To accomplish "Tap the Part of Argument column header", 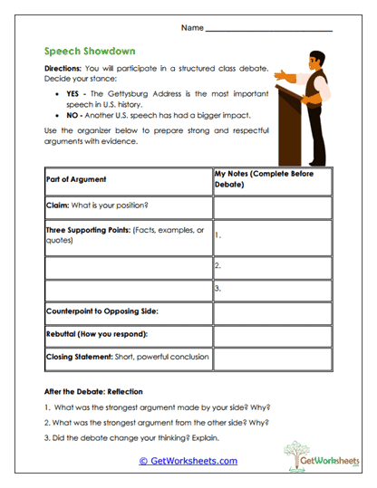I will point(76,179).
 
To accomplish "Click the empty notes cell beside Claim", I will point(272,207).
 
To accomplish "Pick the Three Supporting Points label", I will point(125,234).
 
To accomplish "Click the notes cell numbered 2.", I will point(272,266).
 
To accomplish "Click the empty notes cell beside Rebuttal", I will point(272,335).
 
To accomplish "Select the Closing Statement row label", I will point(127,358).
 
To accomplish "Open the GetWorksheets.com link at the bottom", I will point(188,461).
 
